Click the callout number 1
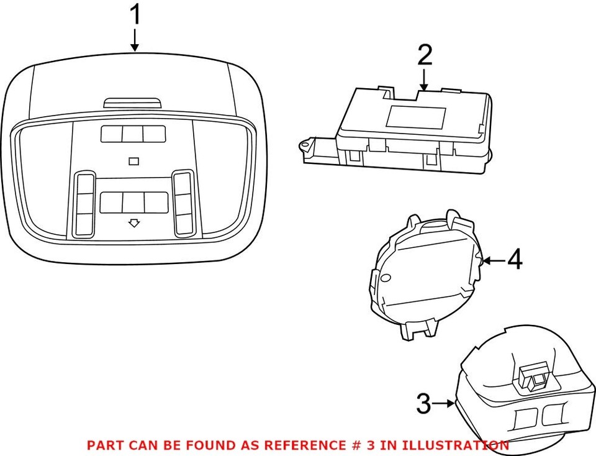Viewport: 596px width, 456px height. point(134,16)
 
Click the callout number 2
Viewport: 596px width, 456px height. point(424,55)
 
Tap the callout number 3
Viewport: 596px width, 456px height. point(423,404)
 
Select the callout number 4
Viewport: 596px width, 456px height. point(514,260)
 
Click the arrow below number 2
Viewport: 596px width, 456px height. point(424,80)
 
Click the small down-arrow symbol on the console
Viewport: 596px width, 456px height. point(133,223)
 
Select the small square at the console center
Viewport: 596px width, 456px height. point(133,162)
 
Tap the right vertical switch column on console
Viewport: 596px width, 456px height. point(183,203)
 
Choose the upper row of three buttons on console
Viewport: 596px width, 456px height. point(132,134)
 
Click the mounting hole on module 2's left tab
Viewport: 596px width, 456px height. point(305,146)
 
